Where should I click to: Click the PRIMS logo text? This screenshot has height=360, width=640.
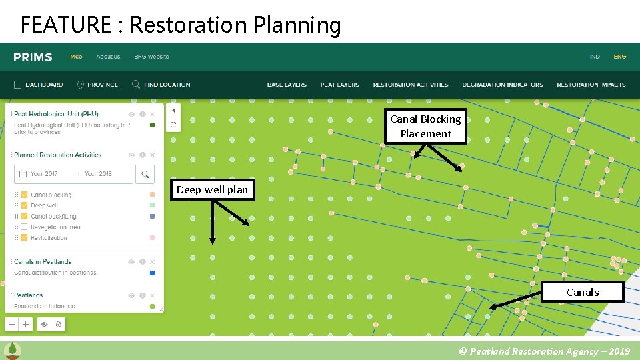pyautogui.click(x=33, y=57)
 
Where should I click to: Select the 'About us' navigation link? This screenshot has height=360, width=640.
pyautogui.click(x=108, y=57)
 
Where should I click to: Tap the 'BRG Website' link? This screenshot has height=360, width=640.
pyautogui.click(x=151, y=57)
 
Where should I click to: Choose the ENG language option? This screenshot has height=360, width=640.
pyautogui.click(x=620, y=57)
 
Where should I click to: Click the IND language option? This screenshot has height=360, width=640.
pyautogui.click(x=595, y=57)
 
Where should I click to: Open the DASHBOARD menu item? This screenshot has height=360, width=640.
pyautogui.click(x=38, y=85)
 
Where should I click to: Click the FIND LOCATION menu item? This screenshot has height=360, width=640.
pyautogui.click(x=161, y=85)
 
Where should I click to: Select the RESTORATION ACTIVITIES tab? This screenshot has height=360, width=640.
pyautogui.click(x=411, y=85)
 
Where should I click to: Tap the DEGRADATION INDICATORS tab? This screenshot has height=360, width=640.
pyautogui.click(x=503, y=85)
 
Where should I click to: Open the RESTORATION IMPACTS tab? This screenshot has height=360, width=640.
pyautogui.click(x=591, y=85)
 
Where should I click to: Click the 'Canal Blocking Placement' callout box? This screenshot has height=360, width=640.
pyautogui.click(x=425, y=126)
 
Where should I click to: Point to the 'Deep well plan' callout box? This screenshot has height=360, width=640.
pyautogui.click(x=212, y=190)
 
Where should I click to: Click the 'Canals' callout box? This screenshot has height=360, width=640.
pyautogui.click(x=582, y=292)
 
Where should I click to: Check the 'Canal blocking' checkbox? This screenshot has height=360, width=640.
pyautogui.click(x=24, y=195)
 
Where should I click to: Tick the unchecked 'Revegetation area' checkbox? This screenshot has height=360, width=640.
pyautogui.click(x=24, y=227)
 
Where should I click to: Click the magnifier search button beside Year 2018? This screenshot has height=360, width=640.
pyautogui.click(x=145, y=174)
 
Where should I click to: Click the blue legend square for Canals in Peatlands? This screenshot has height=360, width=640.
pyautogui.click(x=153, y=273)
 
